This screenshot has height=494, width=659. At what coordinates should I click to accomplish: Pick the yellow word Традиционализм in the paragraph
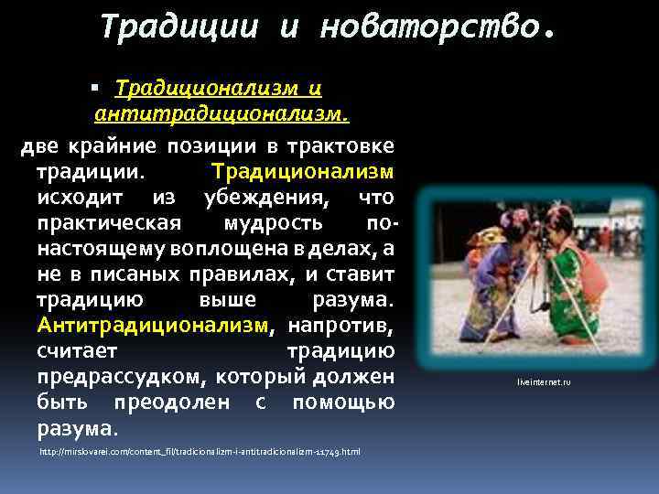click(303, 172)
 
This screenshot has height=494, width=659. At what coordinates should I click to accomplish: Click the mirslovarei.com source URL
click(200, 452)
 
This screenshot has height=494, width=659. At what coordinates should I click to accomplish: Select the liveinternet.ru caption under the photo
click(544, 381)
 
